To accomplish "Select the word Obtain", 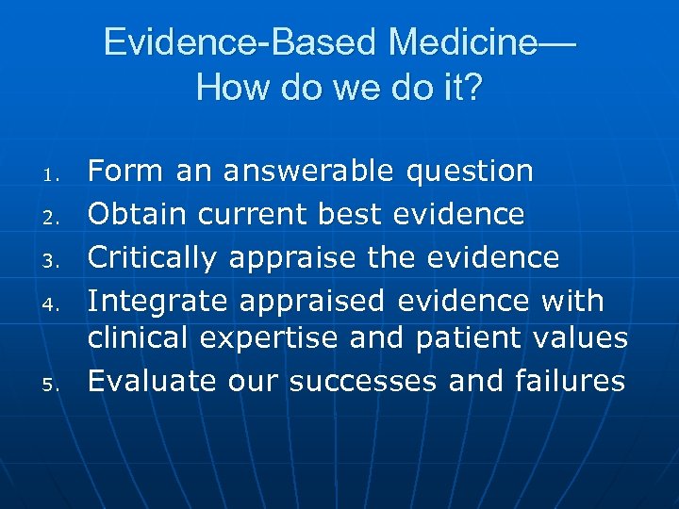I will point(138,215).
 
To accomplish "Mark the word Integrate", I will point(157,302).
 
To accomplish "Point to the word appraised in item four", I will point(311,302).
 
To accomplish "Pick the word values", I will point(581,337).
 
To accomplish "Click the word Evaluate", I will point(153,381).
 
